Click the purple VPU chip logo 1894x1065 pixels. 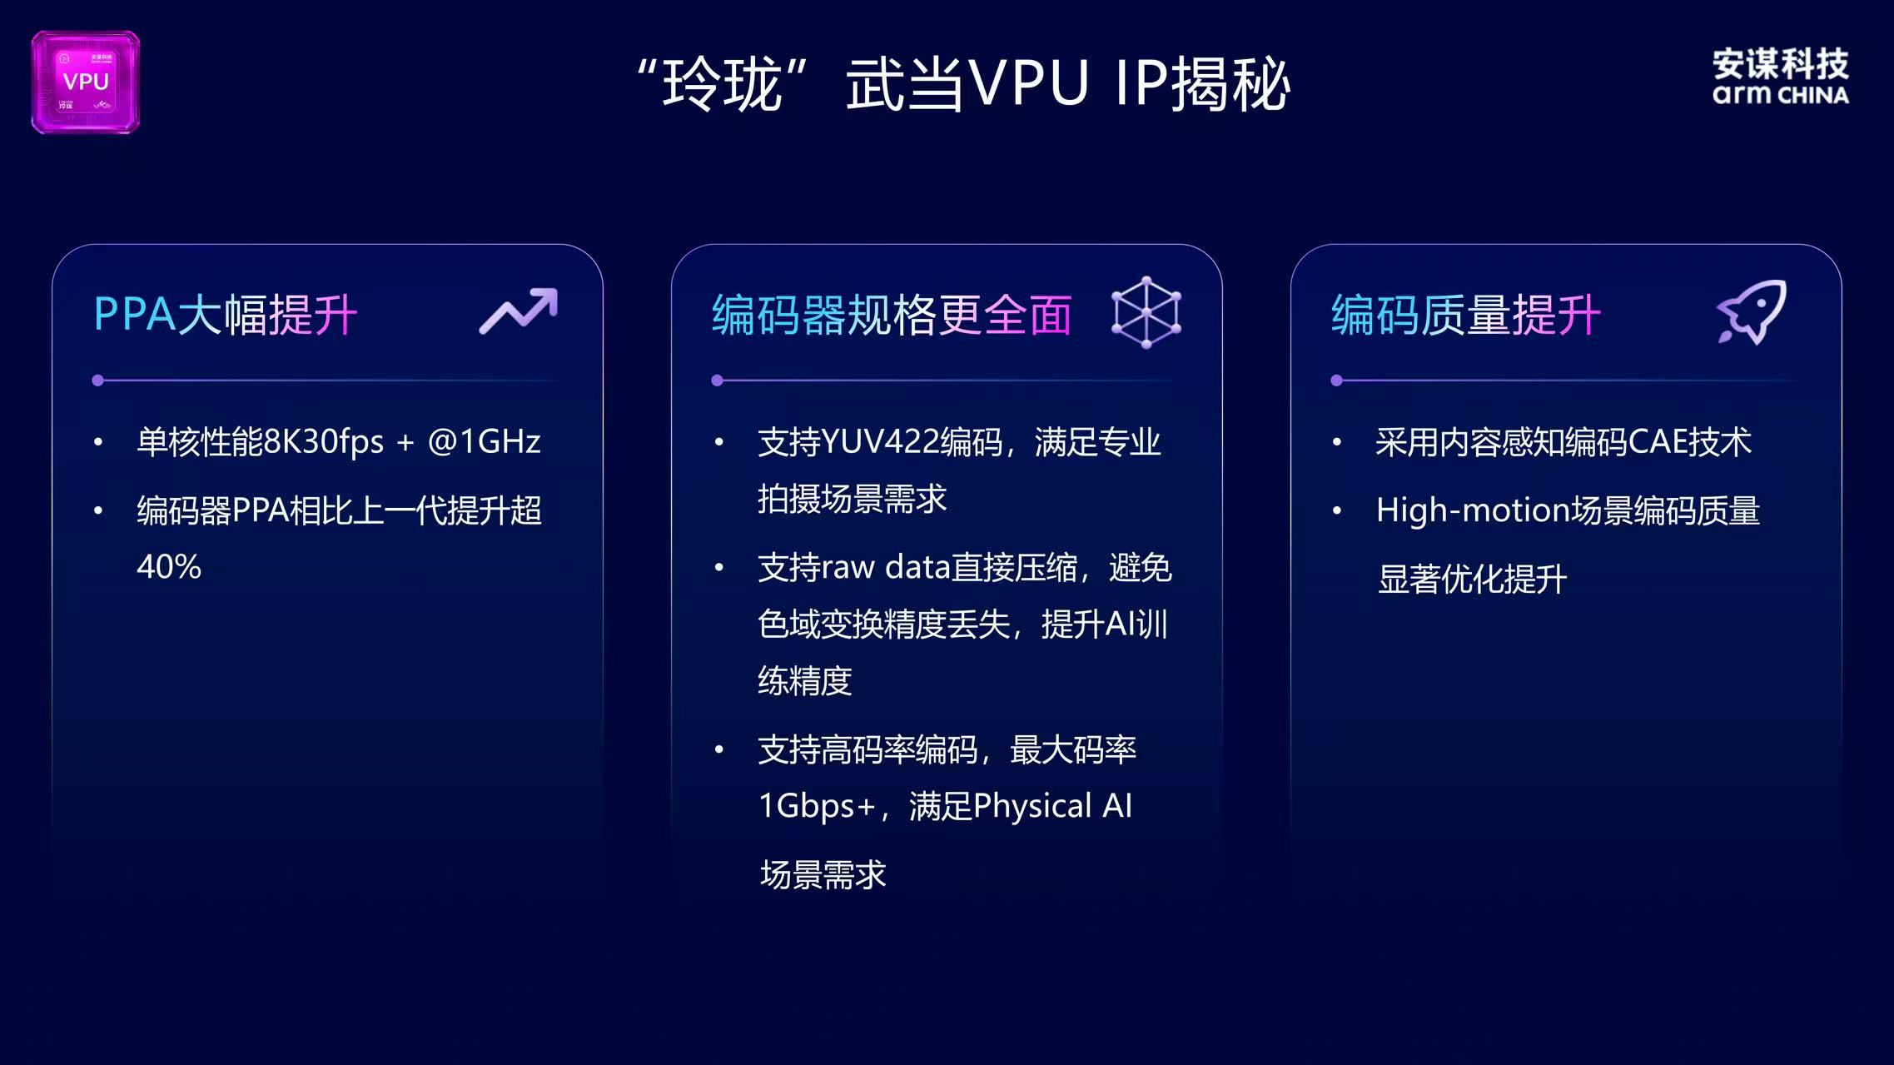(x=86, y=82)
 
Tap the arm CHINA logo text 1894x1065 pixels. (x=1780, y=95)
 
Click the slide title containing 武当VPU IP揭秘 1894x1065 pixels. (x=963, y=84)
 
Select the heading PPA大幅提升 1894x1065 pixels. (x=226, y=315)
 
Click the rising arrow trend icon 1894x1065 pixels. (x=518, y=311)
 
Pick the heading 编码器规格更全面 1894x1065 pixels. (x=891, y=315)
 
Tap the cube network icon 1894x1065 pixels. (x=1146, y=312)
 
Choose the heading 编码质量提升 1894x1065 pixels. (x=1465, y=315)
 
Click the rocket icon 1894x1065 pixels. (x=1752, y=311)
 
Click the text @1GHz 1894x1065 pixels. (x=484, y=441)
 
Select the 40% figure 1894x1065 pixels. (x=169, y=567)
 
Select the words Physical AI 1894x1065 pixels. (x=1052, y=806)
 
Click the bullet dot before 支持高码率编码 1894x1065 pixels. (x=719, y=750)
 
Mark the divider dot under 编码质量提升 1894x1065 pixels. (x=1336, y=381)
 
